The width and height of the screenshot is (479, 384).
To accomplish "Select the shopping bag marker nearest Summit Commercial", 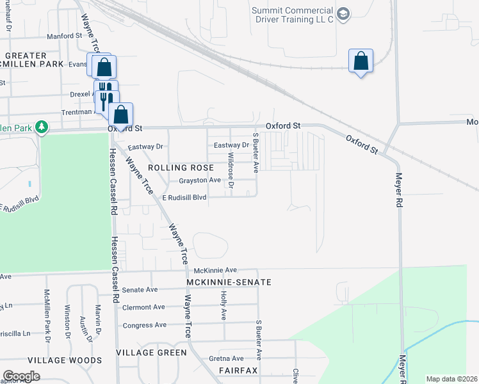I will tap(361, 61).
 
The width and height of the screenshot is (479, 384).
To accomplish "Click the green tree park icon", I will tap(42, 127).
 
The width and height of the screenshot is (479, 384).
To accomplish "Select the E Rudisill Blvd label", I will tap(184, 198).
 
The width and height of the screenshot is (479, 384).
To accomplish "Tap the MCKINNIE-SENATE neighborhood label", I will tap(229, 282).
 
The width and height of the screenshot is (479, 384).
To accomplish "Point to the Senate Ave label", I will tap(140, 290).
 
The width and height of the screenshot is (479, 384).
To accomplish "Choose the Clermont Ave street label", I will tap(144, 307).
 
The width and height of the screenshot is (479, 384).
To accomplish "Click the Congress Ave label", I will tap(144, 325).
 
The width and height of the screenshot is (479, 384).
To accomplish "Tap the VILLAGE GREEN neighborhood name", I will tap(152, 353).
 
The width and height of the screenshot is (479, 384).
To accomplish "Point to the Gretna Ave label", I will tap(229, 358).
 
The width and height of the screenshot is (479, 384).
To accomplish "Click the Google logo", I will tap(21, 376).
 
